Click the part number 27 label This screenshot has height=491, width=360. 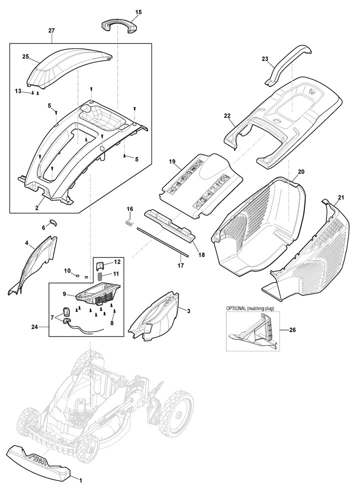51,30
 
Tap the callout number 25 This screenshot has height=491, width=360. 25,56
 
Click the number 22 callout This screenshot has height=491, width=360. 227,116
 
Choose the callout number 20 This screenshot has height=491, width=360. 300,172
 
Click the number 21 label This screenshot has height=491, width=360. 341,198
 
